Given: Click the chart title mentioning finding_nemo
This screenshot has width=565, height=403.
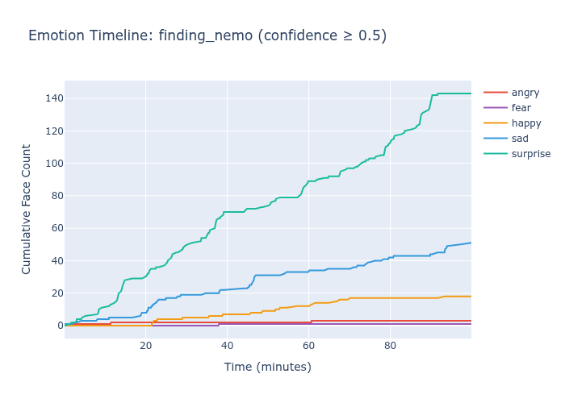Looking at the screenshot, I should point(207,35).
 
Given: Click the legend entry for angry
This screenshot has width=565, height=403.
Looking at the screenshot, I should point(525,93).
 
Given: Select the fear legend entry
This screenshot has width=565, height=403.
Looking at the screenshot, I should point(521,108).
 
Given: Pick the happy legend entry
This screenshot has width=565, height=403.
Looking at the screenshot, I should point(525,123).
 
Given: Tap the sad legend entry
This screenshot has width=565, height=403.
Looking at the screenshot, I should point(520,139).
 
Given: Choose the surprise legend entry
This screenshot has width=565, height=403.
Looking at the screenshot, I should point(530,154).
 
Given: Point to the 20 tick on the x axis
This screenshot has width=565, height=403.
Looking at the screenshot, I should point(146,347).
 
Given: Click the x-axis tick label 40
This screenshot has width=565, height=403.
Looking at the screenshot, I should point(228,347).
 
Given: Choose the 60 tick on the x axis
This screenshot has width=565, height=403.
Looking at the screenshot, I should point(309,347).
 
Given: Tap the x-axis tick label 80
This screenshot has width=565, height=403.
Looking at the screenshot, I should point(391,347).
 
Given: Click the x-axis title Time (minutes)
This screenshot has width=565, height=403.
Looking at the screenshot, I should point(267,368).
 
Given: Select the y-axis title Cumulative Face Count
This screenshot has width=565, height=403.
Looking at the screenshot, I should point(27,209).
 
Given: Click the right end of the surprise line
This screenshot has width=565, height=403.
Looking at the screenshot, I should point(471,93).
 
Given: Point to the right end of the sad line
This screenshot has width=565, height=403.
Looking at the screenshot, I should point(471,243).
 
